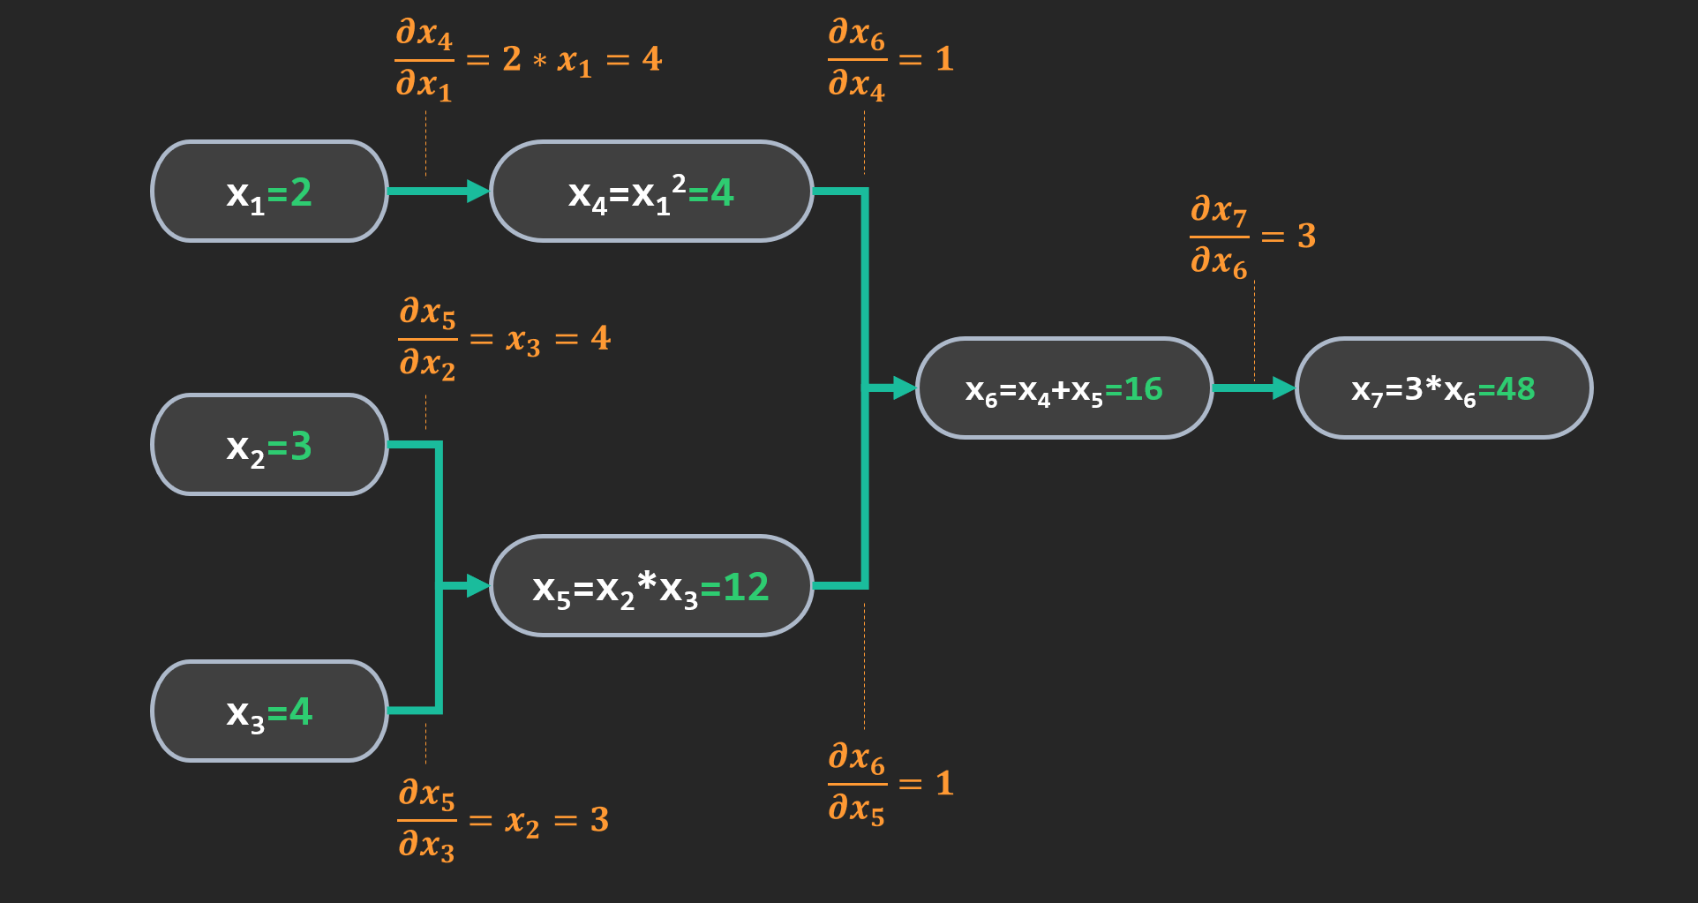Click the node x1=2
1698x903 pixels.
(269, 192)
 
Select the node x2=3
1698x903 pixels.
(269, 445)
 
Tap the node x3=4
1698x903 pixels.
(269, 711)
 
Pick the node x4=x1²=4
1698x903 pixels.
(650, 192)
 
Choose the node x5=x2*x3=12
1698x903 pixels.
(650, 586)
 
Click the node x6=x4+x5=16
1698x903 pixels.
(1063, 388)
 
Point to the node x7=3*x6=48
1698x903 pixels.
(1443, 388)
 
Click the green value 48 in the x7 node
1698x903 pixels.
(1515, 388)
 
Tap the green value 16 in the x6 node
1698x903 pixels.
(1143, 388)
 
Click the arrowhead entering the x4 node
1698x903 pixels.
(477, 192)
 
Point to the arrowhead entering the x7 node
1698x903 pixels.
(1283, 388)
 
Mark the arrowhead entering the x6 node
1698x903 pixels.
(904, 388)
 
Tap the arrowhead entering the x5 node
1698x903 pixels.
(477, 585)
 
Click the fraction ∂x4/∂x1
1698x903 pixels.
(424, 59)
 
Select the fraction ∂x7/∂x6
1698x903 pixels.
(1219, 237)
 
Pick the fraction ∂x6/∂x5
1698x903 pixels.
(856, 784)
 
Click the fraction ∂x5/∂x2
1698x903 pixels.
(428, 338)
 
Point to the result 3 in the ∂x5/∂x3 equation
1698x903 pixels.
(600, 820)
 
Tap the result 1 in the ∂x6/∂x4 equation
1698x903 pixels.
(944, 59)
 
